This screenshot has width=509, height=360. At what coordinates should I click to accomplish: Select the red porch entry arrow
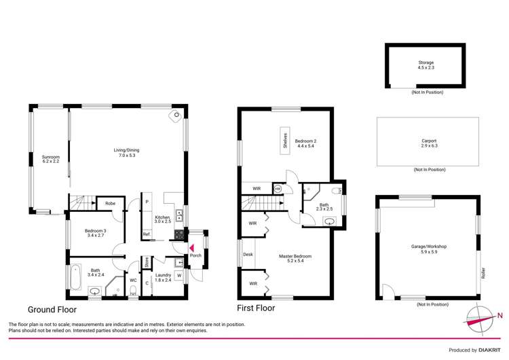point(191,248)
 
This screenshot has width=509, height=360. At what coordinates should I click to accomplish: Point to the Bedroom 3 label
point(95,233)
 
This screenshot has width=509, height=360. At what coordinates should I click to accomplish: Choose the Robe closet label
point(109,203)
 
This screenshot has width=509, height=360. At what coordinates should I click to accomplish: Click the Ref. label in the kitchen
point(146,234)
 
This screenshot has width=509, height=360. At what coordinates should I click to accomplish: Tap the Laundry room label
point(163,277)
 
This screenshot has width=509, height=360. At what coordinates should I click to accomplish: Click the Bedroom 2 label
point(306,143)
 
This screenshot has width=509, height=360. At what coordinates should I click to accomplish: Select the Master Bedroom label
point(295,258)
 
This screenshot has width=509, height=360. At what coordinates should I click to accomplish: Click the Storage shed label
point(426,65)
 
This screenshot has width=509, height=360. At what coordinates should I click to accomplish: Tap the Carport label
point(429,143)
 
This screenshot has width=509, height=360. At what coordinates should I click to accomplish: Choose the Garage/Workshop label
point(429,249)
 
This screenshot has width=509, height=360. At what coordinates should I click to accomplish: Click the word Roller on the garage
point(483,272)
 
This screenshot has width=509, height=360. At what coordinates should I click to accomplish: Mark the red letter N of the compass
point(499,314)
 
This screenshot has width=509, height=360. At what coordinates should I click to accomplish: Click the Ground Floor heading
point(57,308)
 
